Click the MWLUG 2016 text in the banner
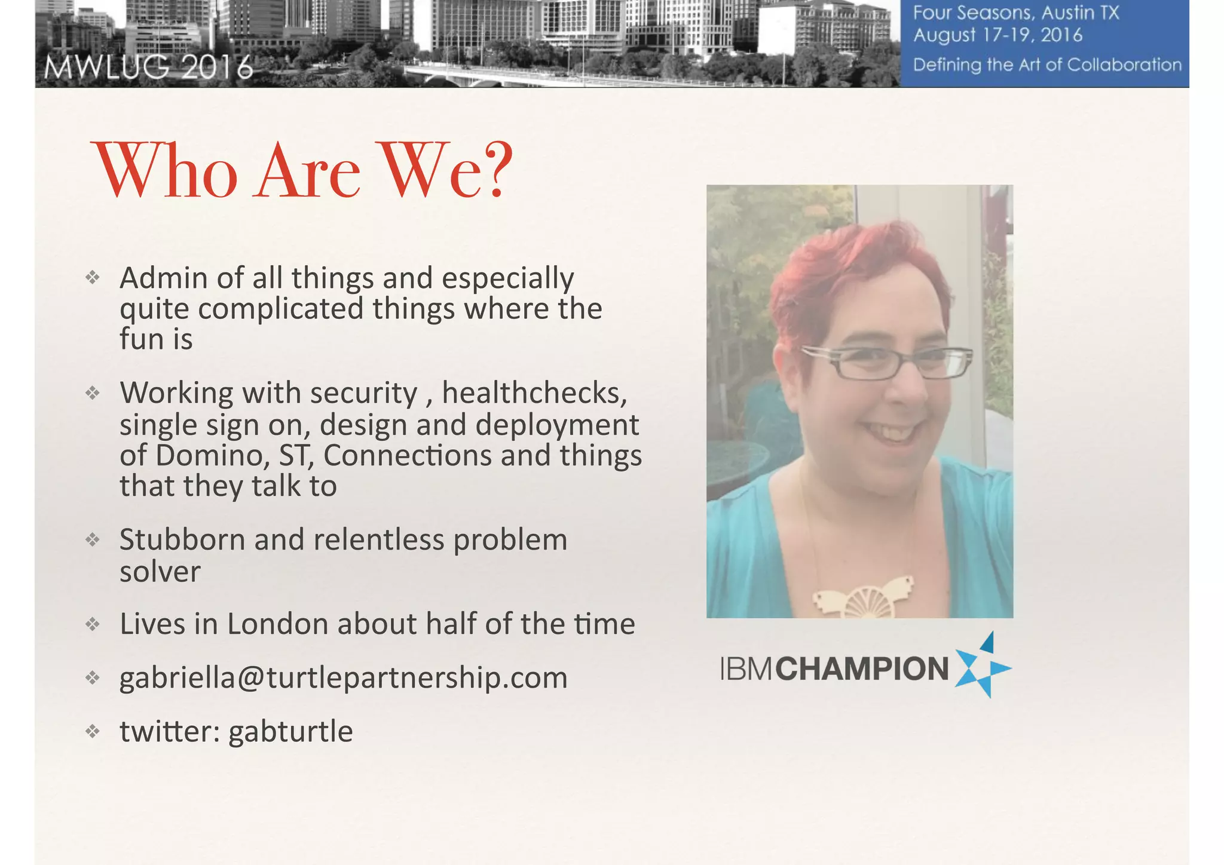(149, 68)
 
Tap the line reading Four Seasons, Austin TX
(1015, 13)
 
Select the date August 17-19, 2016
(997, 35)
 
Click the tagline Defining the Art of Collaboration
(1047, 65)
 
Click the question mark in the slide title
(494, 170)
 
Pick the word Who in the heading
(167, 171)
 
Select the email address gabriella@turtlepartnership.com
(343, 677)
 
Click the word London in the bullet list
(278, 624)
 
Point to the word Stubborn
(182, 540)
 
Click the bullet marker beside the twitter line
(92, 731)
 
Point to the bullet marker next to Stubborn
(92, 540)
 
